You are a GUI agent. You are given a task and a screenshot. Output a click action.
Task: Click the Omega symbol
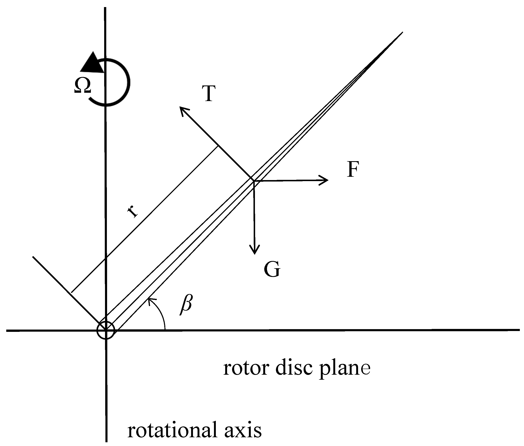(x=82, y=86)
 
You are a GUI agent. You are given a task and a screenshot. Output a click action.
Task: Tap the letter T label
(x=209, y=94)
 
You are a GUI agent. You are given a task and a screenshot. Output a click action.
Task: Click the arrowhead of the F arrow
(x=325, y=180)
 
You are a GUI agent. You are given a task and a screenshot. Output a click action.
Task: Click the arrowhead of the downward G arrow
(x=255, y=250)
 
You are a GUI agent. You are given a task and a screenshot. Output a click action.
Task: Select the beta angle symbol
(x=186, y=304)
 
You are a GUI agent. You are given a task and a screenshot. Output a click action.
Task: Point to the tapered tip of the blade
(x=401, y=33)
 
